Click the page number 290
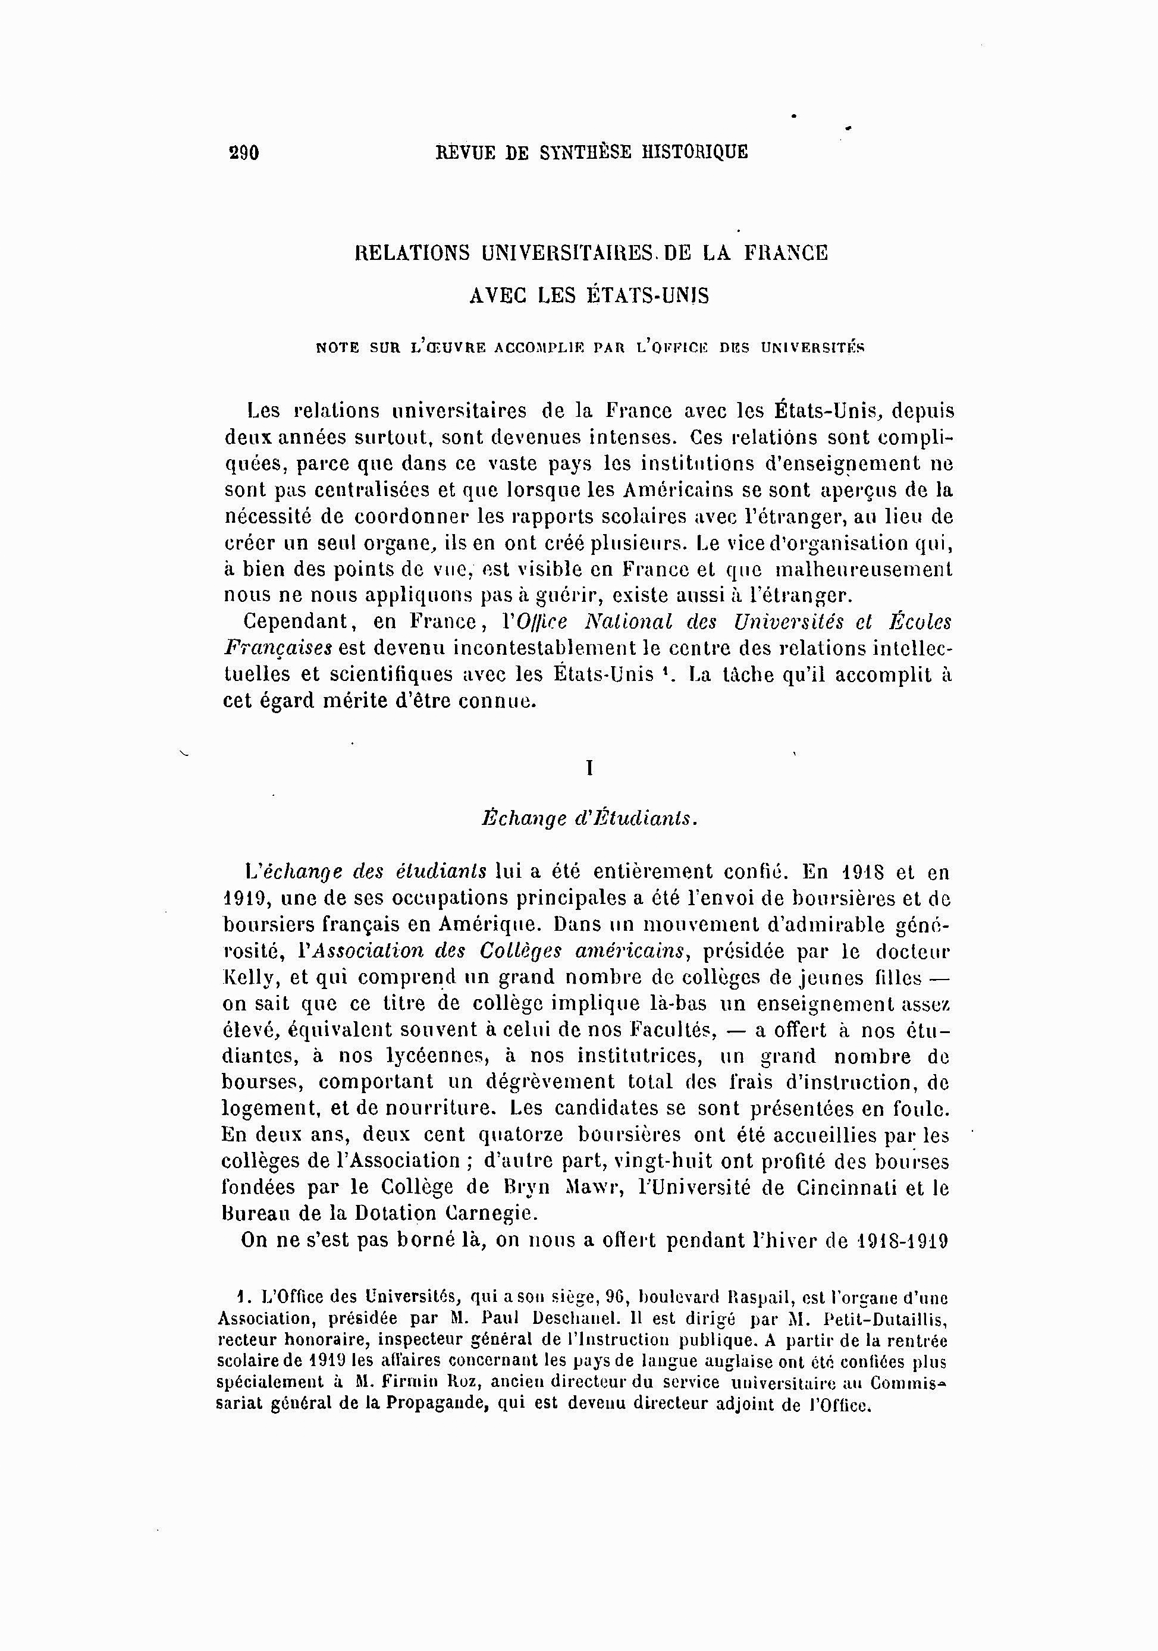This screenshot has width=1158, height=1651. tap(244, 152)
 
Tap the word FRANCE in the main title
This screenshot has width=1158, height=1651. tap(786, 253)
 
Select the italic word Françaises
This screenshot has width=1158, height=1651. tap(278, 648)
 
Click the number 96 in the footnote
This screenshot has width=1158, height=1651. tap(614, 1298)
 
